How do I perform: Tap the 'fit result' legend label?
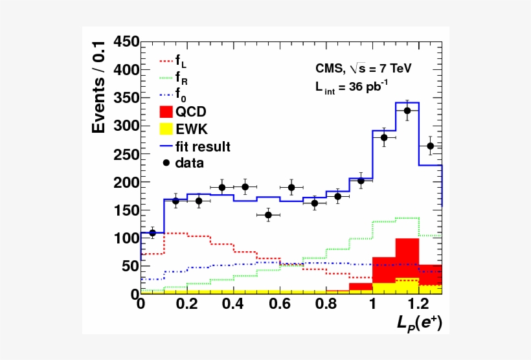click(x=202, y=147)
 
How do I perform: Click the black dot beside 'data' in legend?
click(x=166, y=163)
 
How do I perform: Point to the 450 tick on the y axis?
click(x=126, y=42)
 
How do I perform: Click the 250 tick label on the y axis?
click(x=126, y=154)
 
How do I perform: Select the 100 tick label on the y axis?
click(x=126, y=238)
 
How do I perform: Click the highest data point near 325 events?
click(x=407, y=111)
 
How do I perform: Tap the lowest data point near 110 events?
click(x=152, y=233)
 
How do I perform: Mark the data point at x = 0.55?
click(x=268, y=215)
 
